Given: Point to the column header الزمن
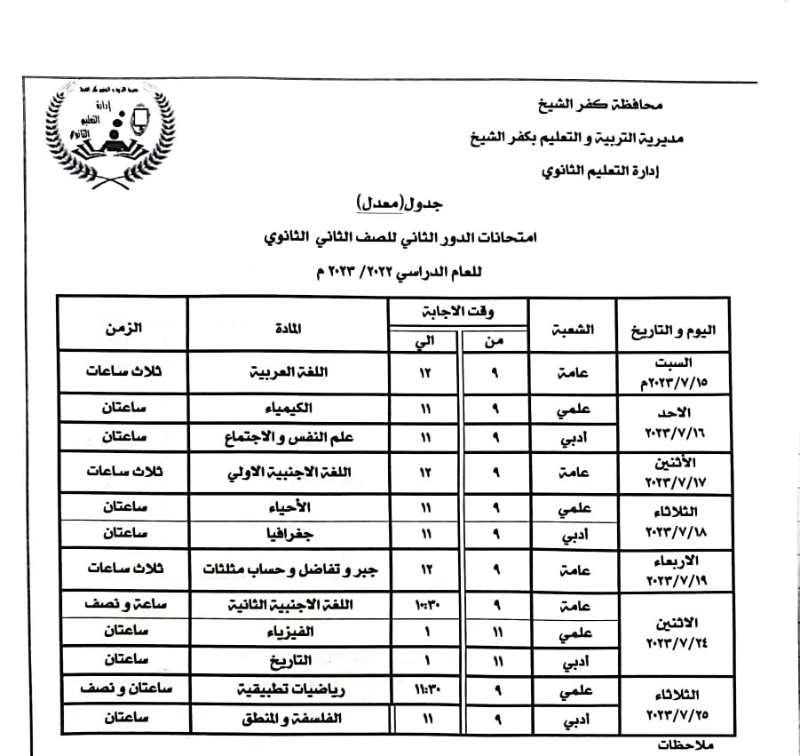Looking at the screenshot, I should coord(123,327).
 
